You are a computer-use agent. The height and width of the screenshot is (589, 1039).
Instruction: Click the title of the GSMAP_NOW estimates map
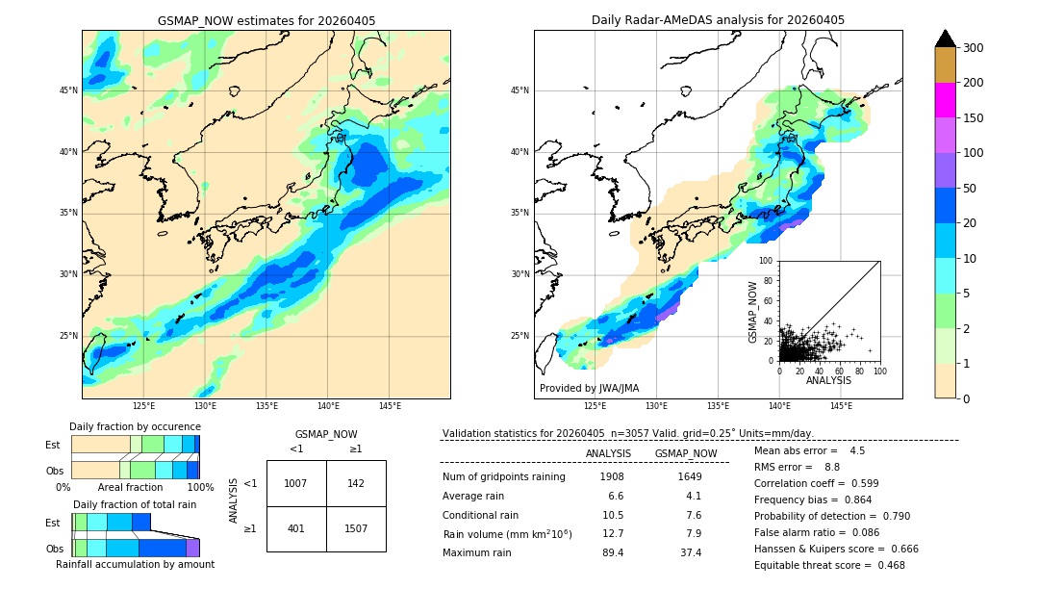(x=266, y=20)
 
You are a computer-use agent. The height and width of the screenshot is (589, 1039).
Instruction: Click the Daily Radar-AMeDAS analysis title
(x=718, y=20)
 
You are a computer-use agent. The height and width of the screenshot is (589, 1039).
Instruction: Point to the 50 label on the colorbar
(x=969, y=189)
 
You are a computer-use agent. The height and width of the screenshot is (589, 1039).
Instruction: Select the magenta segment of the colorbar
(x=945, y=100)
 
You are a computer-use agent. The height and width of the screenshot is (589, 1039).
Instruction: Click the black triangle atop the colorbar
(x=945, y=38)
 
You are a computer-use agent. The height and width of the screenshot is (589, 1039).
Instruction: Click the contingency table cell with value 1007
(x=295, y=483)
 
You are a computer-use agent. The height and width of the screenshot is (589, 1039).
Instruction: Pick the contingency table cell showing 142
(x=356, y=483)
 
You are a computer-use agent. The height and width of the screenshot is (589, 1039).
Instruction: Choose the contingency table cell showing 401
(x=295, y=528)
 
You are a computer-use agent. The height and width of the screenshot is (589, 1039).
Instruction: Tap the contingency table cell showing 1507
(x=356, y=528)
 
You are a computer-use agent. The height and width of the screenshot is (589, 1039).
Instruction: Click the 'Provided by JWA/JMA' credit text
(x=589, y=389)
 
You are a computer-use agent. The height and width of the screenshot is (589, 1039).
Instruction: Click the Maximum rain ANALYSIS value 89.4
(x=611, y=552)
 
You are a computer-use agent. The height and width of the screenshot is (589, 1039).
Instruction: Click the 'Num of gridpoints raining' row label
(x=504, y=476)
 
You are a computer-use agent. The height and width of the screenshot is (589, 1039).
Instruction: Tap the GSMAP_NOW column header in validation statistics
(x=685, y=453)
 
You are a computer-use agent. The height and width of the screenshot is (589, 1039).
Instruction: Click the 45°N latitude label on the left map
(x=68, y=90)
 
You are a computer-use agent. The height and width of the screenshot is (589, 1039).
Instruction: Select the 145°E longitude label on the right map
(x=841, y=406)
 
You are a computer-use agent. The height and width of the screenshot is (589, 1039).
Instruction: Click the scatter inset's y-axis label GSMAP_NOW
(x=754, y=312)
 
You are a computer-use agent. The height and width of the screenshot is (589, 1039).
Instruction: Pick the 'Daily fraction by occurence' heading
(x=135, y=426)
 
